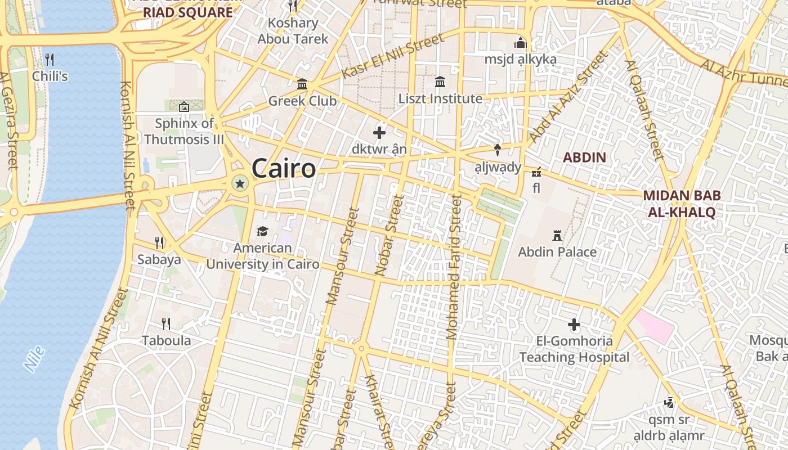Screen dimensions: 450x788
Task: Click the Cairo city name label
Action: (x=284, y=168)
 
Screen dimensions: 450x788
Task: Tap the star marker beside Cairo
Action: (x=240, y=183)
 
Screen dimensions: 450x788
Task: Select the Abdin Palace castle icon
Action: (x=557, y=235)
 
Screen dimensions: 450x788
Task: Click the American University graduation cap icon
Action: (x=262, y=231)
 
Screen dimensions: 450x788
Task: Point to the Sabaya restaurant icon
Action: (x=160, y=243)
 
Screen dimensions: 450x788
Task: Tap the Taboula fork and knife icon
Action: (x=166, y=324)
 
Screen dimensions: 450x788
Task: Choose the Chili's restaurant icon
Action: (x=50, y=59)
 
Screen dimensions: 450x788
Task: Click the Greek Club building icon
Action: (x=302, y=84)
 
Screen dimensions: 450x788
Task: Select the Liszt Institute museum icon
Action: (x=440, y=82)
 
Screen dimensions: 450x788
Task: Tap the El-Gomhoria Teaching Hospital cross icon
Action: (x=574, y=325)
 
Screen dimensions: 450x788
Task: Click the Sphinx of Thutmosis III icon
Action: (x=184, y=106)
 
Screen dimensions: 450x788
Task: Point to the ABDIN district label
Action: (x=584, y=157)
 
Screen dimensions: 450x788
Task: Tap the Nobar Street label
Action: (x=389, y=235)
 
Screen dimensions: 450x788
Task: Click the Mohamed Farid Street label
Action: (x=454, y=267)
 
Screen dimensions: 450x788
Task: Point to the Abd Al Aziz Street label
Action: (x=569, y=96)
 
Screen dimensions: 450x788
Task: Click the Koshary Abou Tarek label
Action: (x=293, y=31)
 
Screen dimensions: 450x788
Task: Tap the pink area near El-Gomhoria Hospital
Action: (x=655, y=325)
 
